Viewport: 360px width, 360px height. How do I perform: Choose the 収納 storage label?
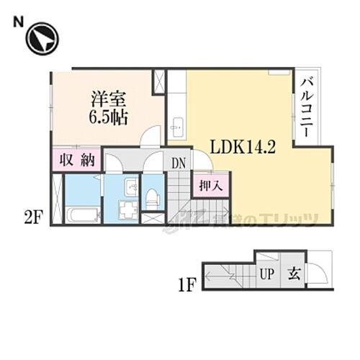tap(77, 161)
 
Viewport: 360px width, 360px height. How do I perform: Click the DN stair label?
tap(179, 163)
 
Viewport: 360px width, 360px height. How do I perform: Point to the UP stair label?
tap(266, 275)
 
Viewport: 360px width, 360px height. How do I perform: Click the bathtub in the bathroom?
tap(81, 215)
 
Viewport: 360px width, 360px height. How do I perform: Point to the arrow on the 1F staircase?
tap(223, 277)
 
